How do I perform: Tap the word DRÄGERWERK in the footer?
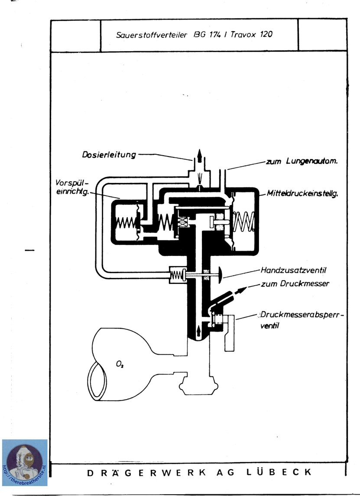146,473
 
